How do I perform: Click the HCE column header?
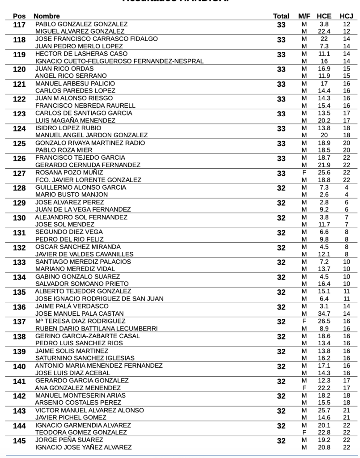[324, 17]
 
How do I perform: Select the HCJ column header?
[346, 17]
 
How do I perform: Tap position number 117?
[19, 25]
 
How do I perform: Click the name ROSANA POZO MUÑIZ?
[69, 173]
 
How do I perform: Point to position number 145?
[19, 441]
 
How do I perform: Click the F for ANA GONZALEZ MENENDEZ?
[304, 388]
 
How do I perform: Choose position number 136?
[19, 308]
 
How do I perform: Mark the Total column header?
[281, 17]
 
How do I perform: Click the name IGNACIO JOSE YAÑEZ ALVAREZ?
[84, 447]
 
